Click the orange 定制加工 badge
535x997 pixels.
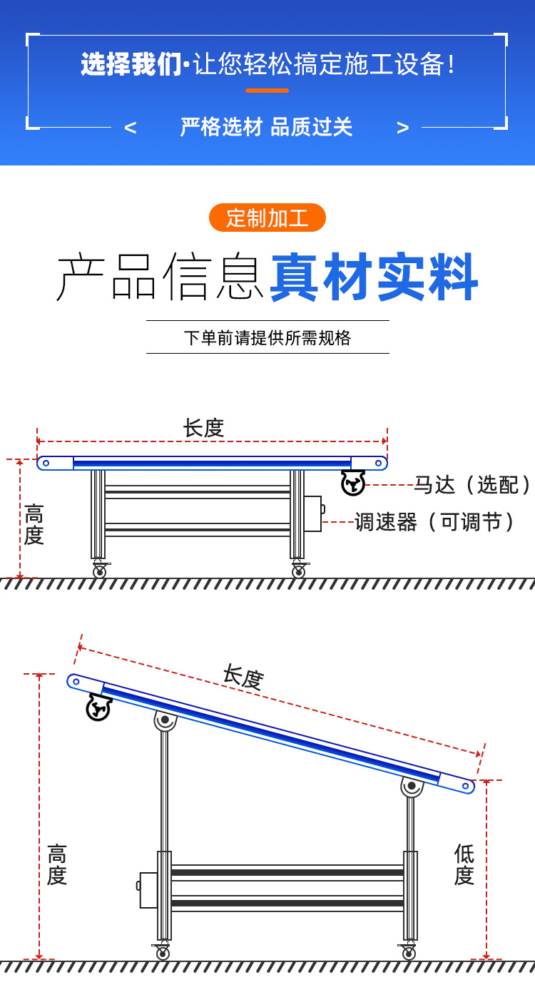click(x=267, y=218)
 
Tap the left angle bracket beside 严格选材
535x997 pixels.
click(x=130, y=128)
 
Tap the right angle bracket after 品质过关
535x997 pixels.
click(x=403, y=128)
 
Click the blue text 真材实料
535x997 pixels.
click(x=374, y=277)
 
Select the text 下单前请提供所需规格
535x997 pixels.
click(x=267, y=337)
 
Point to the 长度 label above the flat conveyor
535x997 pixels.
click(x=204, y=428)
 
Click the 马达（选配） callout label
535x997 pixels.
click(x=472, y=485)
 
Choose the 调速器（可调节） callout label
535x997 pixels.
click(x=435, y=522)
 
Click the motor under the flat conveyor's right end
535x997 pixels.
click(x=353, y=483)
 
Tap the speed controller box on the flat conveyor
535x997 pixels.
click(x=312, y=513)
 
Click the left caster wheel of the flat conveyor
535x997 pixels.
click(x=100, y=571)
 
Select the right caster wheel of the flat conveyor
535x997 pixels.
click(x=298, y=571)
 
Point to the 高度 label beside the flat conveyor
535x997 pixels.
click(x=34, y=524)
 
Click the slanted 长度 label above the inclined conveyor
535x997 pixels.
click(x=243, y=676)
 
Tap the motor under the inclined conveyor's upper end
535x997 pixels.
click(x=98, y=707)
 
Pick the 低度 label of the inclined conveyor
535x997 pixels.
click(x=464, y=864)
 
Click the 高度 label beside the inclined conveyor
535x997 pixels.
click(x=57, y=864)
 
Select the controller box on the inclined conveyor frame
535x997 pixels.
click(x=148, y=889)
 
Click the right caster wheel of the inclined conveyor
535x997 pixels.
click(x=409, y=953)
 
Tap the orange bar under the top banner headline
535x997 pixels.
click(x=267, y=91)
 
